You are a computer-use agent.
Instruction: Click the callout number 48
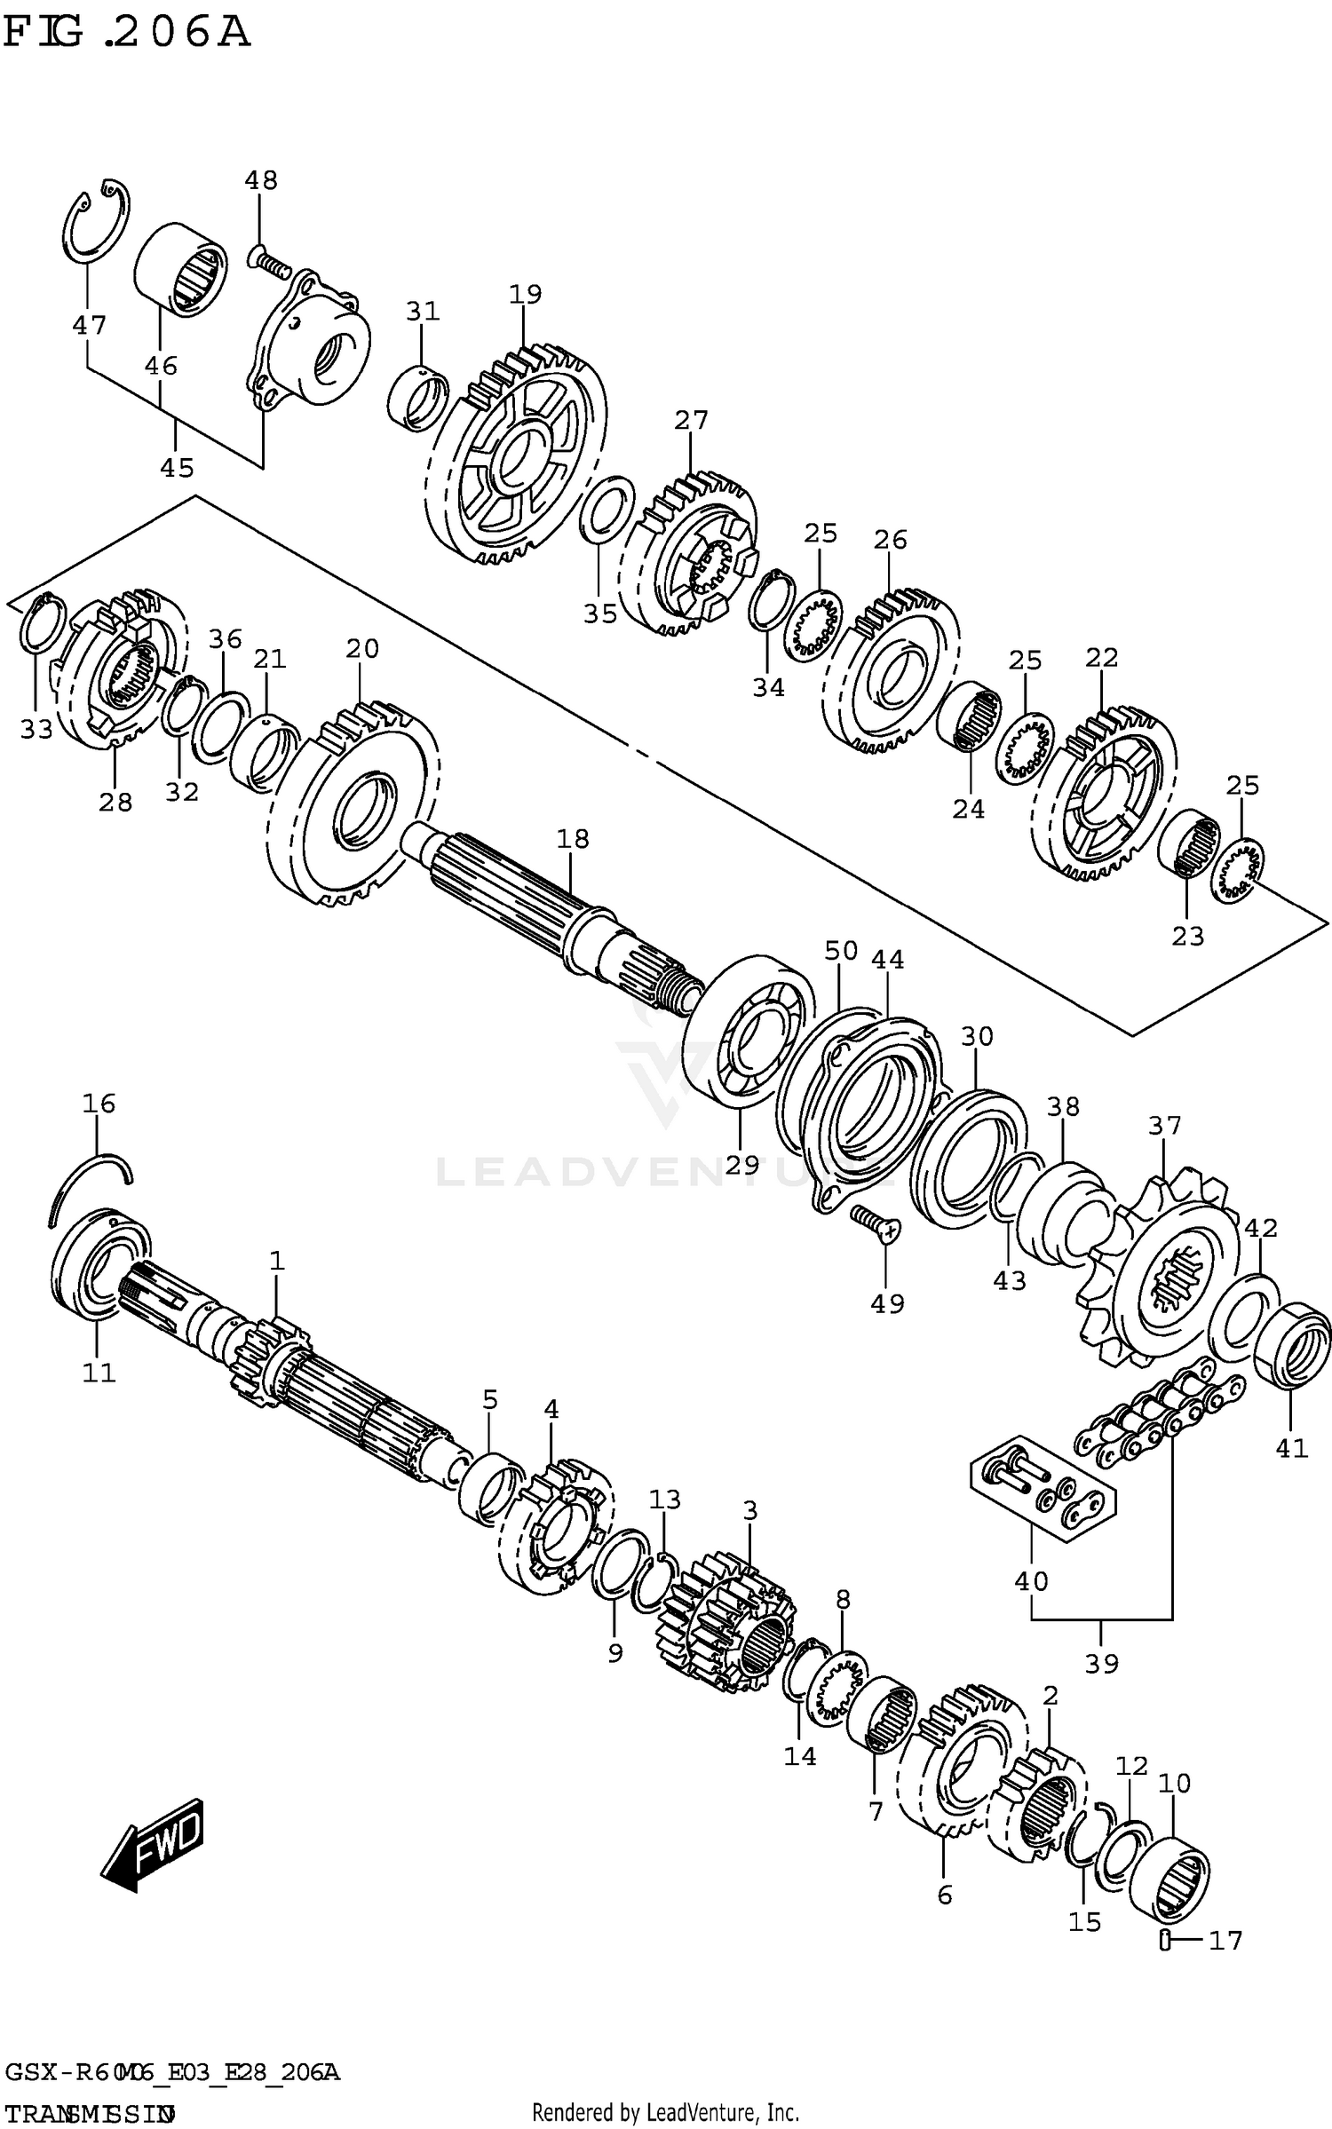[x=261, y=180]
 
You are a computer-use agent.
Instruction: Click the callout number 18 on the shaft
[x=573, y=838]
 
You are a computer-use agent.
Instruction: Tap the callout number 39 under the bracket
[x=1101, y=1663]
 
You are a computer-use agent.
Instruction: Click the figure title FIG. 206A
[x=126, y=33]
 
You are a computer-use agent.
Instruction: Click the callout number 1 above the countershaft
[x=277, y=1261]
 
